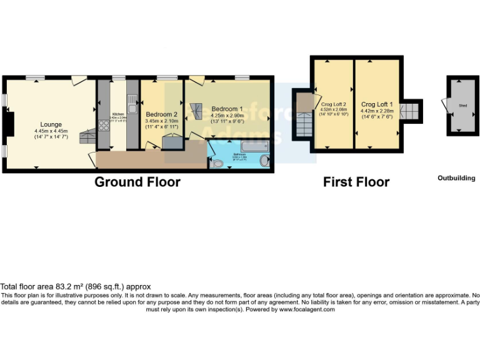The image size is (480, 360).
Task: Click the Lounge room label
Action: (51, 124)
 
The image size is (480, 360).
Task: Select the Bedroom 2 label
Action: (162, 114)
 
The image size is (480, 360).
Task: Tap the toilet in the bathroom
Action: (217, 164)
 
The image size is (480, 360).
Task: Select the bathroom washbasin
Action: (266, 162)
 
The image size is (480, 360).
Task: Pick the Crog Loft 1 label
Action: (376, 104)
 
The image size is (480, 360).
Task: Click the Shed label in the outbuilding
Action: (462, 106)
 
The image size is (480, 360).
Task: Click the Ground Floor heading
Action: (137, 182)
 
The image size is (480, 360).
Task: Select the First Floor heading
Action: (356, 182)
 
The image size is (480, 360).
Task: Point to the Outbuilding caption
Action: (456, 178)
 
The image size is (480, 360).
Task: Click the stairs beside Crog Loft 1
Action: (411, 111)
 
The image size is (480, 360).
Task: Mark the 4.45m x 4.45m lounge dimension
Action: (51, 131)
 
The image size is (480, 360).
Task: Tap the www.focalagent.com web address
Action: (307, 309)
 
